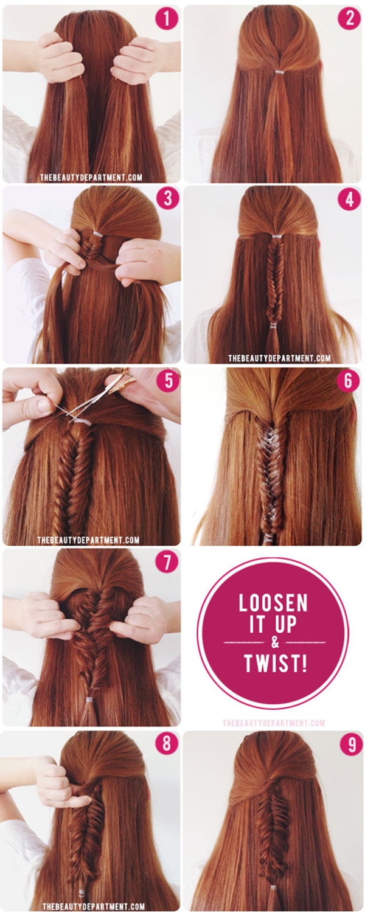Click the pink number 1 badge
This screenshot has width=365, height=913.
pyautogui.click(x=167, y=18)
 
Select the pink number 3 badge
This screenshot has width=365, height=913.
pyautogui.click(x=168, y=200)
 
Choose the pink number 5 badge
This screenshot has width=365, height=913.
pyautogui.click(x=168, y=383)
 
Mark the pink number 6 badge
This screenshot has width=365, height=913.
pyautogui.click(x=348, y=381)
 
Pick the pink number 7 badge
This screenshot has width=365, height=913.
pyautogui.click(x=167, y=563)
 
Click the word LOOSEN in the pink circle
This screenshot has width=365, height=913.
pyautogui.click(x=273, y=603)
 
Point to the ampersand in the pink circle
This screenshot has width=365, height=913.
pyautogui.click(x=275, y=643)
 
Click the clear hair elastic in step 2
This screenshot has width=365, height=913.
pyautogui.click(x=279, y=72)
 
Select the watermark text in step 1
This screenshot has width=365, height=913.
pyautogui.click(x=91, y=177)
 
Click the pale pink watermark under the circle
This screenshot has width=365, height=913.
pyautogui.click(x=274, y=723)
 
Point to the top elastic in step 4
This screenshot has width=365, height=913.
pyautogui.click(x=277, y=236)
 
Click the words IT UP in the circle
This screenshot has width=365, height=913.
pyautogui.click(x=273, y=624)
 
